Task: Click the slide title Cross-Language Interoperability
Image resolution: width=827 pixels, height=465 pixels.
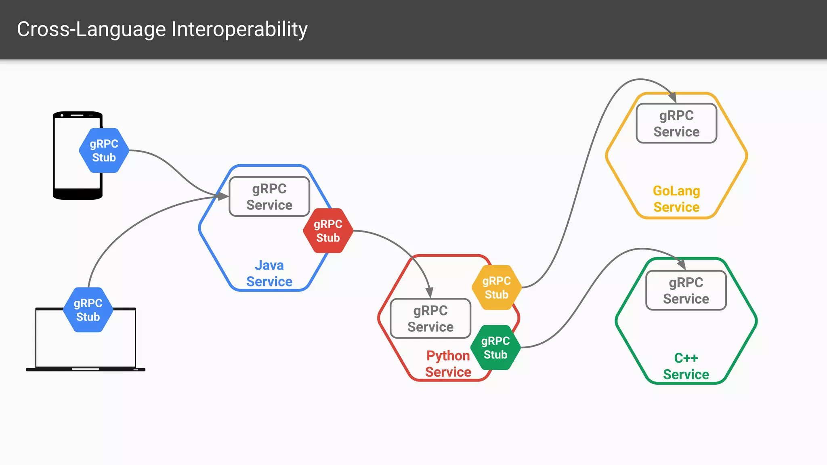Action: pyautogui.click(x=162, y=29)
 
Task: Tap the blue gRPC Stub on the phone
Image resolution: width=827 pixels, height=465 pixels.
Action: pyautogui.click(x=104, y=151)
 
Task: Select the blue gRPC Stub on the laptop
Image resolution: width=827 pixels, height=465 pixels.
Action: pyautogui.click(x=88, y=310)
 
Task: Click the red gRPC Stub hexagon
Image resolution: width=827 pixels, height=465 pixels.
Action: pyautogui.click(x=328, y=231)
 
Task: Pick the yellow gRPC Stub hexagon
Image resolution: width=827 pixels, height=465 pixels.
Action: pyautogui.click(x=497, y=287)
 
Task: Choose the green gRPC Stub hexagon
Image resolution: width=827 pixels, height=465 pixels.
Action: pyautogui.click(x=495, y=348)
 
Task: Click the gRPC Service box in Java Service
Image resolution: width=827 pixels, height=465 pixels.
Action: pyautogui.click(x=269, y=197)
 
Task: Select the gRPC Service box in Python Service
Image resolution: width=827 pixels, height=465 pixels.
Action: pyautogui.click(x=430, y=318)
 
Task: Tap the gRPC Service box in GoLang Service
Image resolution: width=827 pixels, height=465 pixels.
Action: pyautogui.click(x=676, y=124)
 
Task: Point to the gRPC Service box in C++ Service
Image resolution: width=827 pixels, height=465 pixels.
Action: pyautogui.click(x=686, y=291)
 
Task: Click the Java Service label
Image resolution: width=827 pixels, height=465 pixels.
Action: pyautogui.click(x=269, y=273)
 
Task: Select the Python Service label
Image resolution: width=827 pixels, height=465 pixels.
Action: pyautogui.click(x=448, y=364)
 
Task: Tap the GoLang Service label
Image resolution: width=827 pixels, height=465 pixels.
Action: pyautogui.click(x=676, y=199)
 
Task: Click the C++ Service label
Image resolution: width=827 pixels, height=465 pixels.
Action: pyautogui.click(x=686, y=366)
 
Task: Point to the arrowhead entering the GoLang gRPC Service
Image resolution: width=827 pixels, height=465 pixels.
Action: pyautogui.click(x=672, y=98)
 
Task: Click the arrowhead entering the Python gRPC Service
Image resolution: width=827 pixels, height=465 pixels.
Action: pyautogui.click(x=429, y=292)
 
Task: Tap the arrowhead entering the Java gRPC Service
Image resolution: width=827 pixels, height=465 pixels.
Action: pyautogui.click(x=222, y=196)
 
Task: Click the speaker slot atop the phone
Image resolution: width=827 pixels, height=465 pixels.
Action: pyautogui.click(x=77, y=115)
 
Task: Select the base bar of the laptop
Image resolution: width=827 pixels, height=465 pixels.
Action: pyautogui.click(x=86, y=369)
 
